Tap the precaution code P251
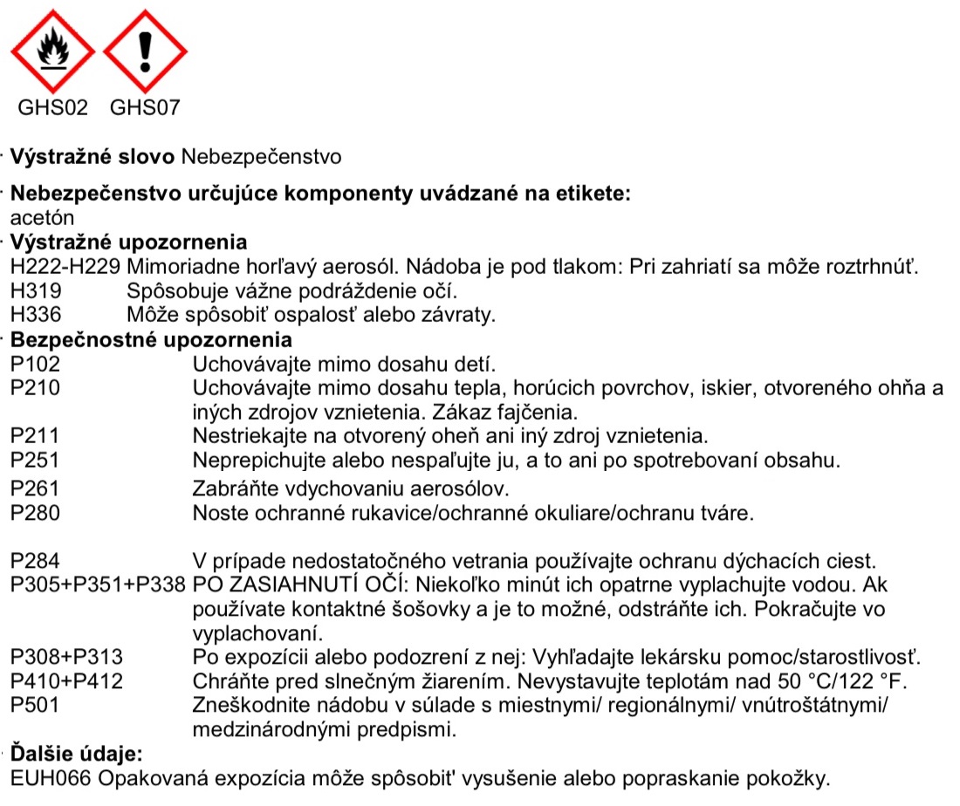(x=36, y=459)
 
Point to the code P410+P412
(x=66, y=680)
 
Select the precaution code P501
(x=36, y=703)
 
